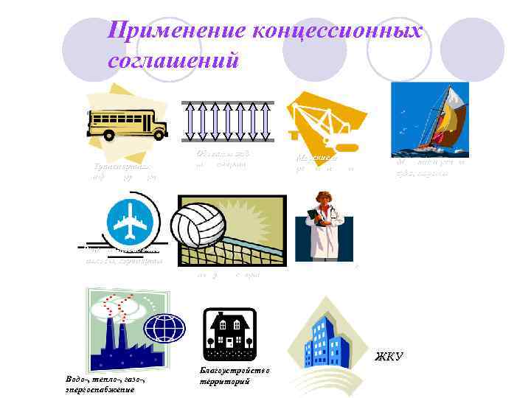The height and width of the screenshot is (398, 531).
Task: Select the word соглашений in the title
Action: pyautogui.click(x=173, y=59)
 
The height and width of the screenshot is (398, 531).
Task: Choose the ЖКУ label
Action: pyautogui.click(x=389, y=357)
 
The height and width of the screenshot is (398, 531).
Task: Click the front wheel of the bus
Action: pyautogui.click(x=109, y=134)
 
